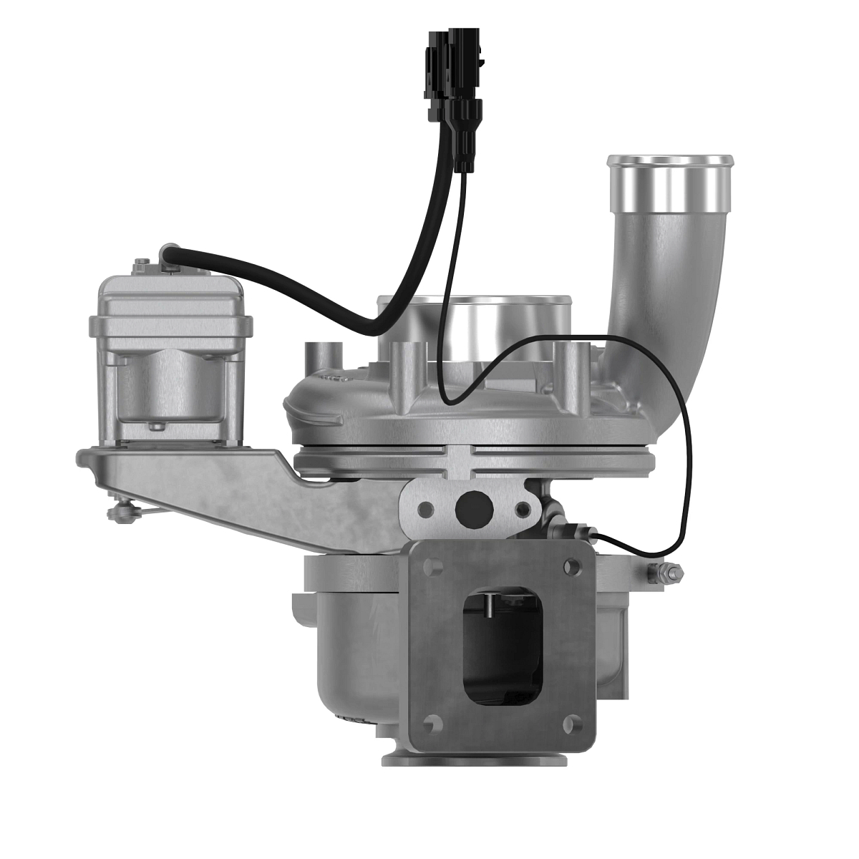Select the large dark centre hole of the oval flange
click(x=472, y=508)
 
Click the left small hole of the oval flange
click(x=427, y=510)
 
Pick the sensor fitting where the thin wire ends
click(x=573, y=533)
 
